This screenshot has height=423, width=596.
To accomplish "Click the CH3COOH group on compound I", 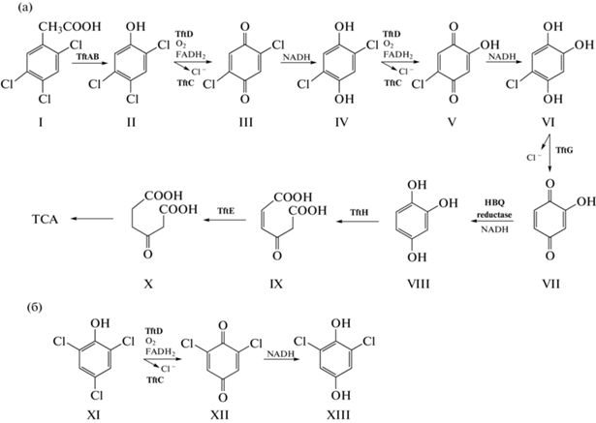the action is (71, 27).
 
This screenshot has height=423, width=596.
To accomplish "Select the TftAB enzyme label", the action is (86, 56).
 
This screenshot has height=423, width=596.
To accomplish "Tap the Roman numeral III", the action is (244, 122).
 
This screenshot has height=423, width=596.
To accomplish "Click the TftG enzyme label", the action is (564, 150).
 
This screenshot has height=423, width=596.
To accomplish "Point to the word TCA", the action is (46, 219).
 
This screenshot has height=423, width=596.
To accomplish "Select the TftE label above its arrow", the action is (226, 210).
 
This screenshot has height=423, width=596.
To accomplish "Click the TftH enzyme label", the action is (360, 213).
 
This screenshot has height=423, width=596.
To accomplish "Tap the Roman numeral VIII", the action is (418, 284).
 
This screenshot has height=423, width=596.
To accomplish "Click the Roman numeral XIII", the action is (339, 414).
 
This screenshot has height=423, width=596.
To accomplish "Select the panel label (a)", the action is (26, 7).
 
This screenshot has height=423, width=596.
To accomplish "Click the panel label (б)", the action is (34, 307).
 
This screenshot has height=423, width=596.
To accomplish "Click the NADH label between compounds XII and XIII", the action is (280, 354).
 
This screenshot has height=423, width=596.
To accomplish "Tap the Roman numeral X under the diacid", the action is (148, 284).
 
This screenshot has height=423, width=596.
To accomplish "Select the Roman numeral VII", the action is (550, 284).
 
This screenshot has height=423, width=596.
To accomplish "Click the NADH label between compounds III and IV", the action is (297, 58).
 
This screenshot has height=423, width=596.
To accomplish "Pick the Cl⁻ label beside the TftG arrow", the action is (534, 158).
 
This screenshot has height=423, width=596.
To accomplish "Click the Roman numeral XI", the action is (93, 414).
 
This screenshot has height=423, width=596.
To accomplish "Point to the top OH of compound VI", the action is (553, 27).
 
